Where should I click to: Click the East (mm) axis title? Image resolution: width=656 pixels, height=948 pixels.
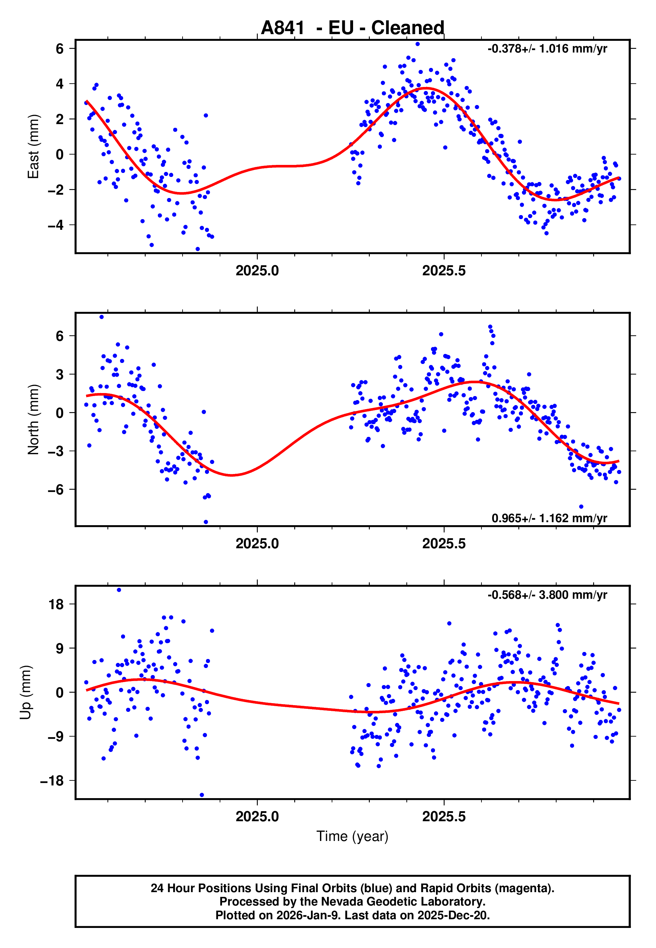[x=33, y=147]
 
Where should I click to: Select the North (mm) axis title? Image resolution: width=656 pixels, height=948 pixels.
[x=33, y=419]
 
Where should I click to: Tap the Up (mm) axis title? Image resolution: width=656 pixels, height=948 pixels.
[x=25, y=692]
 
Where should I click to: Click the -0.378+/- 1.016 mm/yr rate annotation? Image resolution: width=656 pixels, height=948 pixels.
[x=547, y=49]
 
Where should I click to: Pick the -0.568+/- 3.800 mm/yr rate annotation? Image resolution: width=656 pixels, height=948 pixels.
[x=547, y=595]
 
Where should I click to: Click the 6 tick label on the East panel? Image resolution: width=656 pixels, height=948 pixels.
[x=60, y=49]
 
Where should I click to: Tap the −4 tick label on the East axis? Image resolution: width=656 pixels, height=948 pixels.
[x=56, y=225]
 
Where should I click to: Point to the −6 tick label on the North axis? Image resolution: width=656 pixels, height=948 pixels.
[x=56, y=489]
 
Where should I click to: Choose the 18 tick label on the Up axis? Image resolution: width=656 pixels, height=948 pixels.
[x=56, y=604]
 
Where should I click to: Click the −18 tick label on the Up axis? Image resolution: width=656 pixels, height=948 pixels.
[x=52, y=780]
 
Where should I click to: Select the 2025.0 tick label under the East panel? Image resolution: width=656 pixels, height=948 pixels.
[x=257, y=271]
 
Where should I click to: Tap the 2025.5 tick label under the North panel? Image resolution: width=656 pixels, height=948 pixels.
[x=444, y=544]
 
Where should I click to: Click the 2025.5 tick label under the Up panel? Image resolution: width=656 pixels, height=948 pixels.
[x=444, y=817]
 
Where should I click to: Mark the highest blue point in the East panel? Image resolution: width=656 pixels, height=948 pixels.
[x=418, y=44]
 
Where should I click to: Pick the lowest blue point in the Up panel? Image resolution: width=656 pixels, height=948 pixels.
[x=202, y=795]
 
